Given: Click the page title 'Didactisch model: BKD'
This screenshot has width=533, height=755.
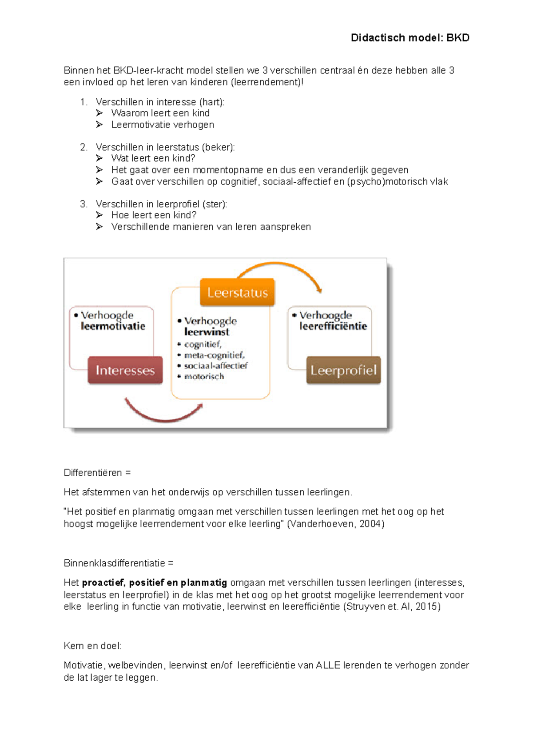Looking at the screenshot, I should [x=410, y=38].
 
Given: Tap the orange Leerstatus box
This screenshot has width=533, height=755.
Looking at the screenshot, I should [x=237, y=293].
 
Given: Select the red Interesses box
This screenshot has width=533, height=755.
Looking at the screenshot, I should [x=125, y=370].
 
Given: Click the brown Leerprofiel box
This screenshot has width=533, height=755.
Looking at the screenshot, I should [x=343, y=370].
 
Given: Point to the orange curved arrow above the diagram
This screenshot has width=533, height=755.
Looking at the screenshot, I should [x=280, y=267].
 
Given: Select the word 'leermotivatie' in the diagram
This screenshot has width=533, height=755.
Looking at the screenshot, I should [x=113, y=326].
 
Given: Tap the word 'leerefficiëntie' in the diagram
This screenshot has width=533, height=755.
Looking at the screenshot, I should [x=333, y=326].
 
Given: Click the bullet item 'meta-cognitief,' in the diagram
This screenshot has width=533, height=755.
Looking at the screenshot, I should [x=214, y=355].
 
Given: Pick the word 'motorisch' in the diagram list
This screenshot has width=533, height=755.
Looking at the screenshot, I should [x=204, y=377].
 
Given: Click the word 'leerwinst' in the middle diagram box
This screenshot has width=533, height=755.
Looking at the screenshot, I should [x=207, y=332].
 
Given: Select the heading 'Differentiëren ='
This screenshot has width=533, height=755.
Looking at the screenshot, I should [x=97, y=473].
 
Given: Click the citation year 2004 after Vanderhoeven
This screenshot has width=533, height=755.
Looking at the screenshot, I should [x=370, y=524].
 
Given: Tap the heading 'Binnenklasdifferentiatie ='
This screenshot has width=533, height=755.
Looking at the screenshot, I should [x=118, y=563].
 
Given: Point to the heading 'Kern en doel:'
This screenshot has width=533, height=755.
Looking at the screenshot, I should [x=92, y=646].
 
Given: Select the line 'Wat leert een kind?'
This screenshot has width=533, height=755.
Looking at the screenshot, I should [x=153, y=158].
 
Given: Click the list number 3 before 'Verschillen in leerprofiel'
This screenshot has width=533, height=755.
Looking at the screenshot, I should [x=84, y=204].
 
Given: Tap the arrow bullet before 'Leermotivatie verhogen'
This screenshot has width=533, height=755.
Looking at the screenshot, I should [x=99, y=124].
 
